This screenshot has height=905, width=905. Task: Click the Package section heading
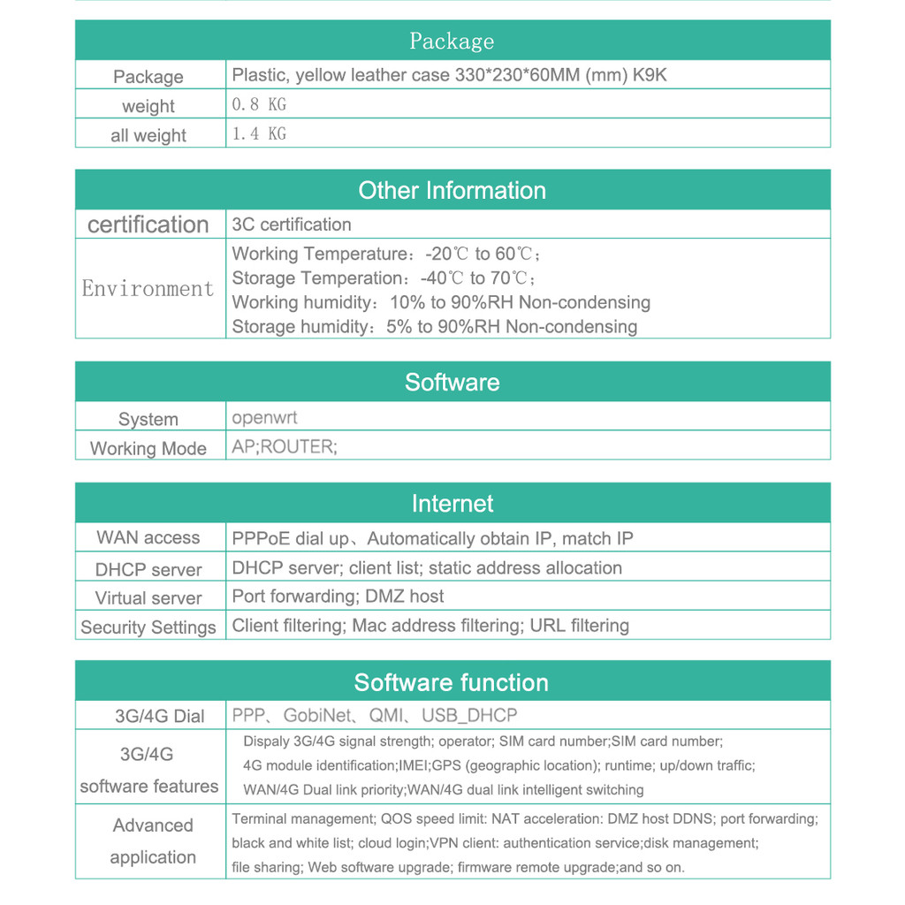click(x=452, y=41)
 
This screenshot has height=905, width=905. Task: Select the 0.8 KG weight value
click(x=259, y=104)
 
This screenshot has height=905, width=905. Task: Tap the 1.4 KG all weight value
click(x=259, y=133)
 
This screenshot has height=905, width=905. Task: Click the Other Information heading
click(x=452, y=190)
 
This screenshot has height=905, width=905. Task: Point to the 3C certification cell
click(x=292, y=224)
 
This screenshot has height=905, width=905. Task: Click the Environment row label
click(x=148, y=288)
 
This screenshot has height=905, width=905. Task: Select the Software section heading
click(x=452, y=382)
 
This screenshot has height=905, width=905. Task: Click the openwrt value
click(x=264, y=417)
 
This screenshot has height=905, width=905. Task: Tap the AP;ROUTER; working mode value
click(x=285, y=446)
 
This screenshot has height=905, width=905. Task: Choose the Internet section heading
click(x=452, y=504)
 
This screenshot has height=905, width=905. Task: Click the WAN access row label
click(x=148, y=537)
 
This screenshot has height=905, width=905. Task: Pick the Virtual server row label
click(x=148, y=597)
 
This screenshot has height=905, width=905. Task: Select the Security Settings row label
click(x=148, y=627)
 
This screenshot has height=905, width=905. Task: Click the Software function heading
click(x=452, y=682)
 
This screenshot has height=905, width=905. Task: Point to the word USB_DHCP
click(x=469, y=715)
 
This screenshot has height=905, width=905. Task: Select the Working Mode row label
click(x=148, y=448)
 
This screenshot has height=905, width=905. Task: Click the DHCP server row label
click(x=148, y=569)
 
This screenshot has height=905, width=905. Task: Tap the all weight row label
click(x=148, y=135)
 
